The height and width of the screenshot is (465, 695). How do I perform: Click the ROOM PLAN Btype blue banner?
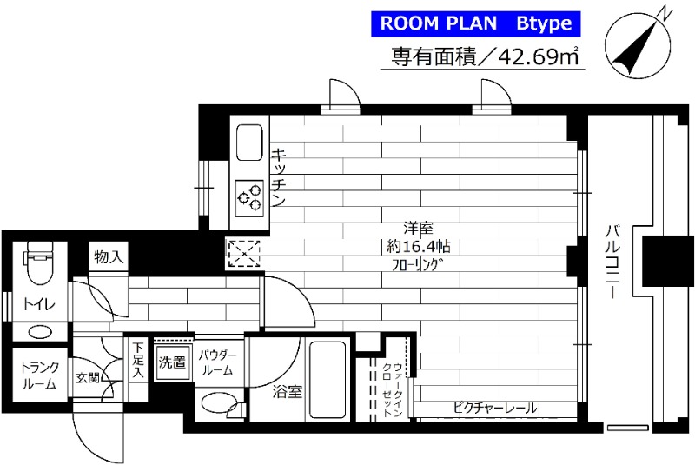(473, 23)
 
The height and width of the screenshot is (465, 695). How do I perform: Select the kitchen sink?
(249, 141)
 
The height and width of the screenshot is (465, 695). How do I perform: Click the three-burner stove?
(250, 197)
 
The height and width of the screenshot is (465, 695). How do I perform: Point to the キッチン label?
(280, 177)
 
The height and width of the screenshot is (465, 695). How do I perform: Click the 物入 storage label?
(109, 257)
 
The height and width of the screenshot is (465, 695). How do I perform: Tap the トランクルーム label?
(38, 375)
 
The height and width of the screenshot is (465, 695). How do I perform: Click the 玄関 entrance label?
(89, 378)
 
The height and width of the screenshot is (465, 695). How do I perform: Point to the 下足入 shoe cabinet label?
(138, 360)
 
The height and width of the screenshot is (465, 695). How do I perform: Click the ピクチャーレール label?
(494, 407)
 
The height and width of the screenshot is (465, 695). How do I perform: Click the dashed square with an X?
(240, 253)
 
